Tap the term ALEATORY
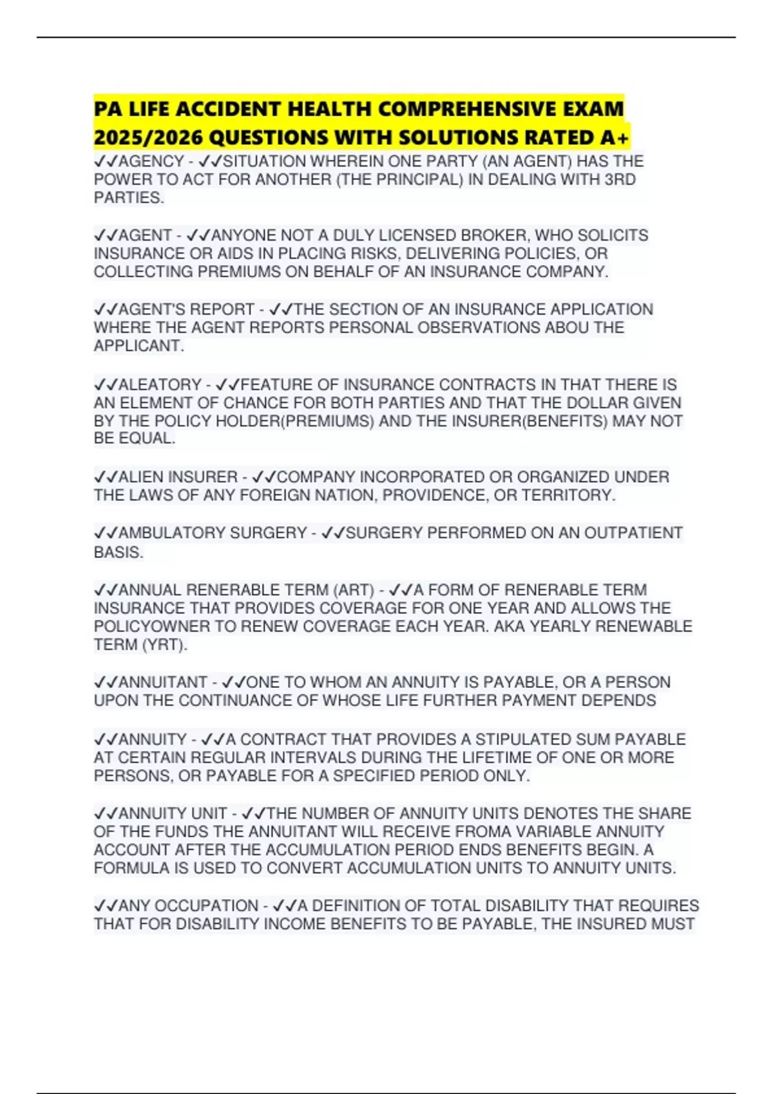tap(160, 385)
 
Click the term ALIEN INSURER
tap(178, 477)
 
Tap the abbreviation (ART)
tap(353, 590)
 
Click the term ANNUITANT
tap(162, 682)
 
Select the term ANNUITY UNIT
tap(173, 813)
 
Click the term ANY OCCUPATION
tap(188, 906)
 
